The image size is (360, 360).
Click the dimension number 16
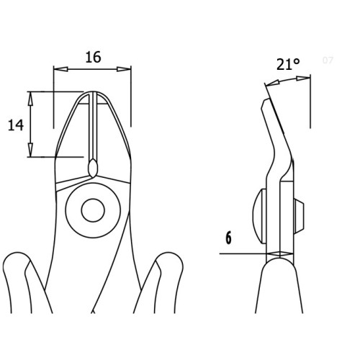tap(93, 58)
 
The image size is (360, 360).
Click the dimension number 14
tap(16, 125)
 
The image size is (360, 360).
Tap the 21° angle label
tap(288, 64)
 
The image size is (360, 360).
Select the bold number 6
tap(229, 238)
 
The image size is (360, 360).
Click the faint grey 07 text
tap(328, 60)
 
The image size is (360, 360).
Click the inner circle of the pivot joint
tap(93, 210)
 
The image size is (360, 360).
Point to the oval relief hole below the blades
tap(92, 167)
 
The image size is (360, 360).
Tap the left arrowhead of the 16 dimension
tap(60, 69)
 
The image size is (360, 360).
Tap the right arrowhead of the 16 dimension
tap(124, 69)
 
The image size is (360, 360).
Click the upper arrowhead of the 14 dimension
tap(30, 99)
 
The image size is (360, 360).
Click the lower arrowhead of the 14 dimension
tap(30, 150)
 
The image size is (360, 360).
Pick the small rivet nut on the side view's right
tap(300, 216)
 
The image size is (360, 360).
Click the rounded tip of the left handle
tap(17, 258)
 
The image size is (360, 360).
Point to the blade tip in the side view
tap(266, 102)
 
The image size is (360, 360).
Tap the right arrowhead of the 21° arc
tap(303, 78)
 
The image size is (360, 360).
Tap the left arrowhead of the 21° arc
tap(273, 84)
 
